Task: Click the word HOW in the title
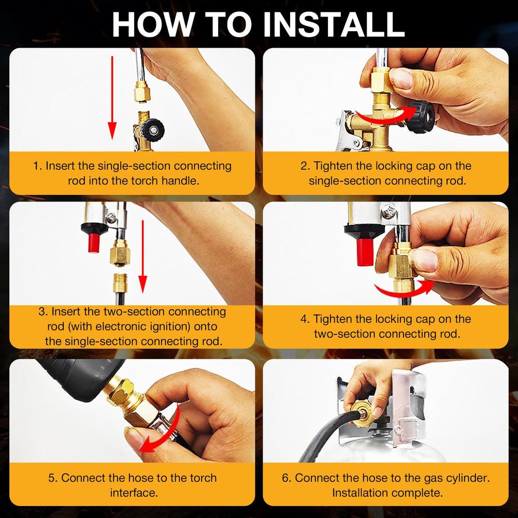[152, 25]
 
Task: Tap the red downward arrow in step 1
[112, 98]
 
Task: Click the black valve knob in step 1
[153, 130]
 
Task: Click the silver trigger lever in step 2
[347, 135]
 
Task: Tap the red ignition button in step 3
[94, 243]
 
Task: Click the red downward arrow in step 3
[143, 256]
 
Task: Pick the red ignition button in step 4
[365, 252]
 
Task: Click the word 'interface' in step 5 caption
[133, 493]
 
